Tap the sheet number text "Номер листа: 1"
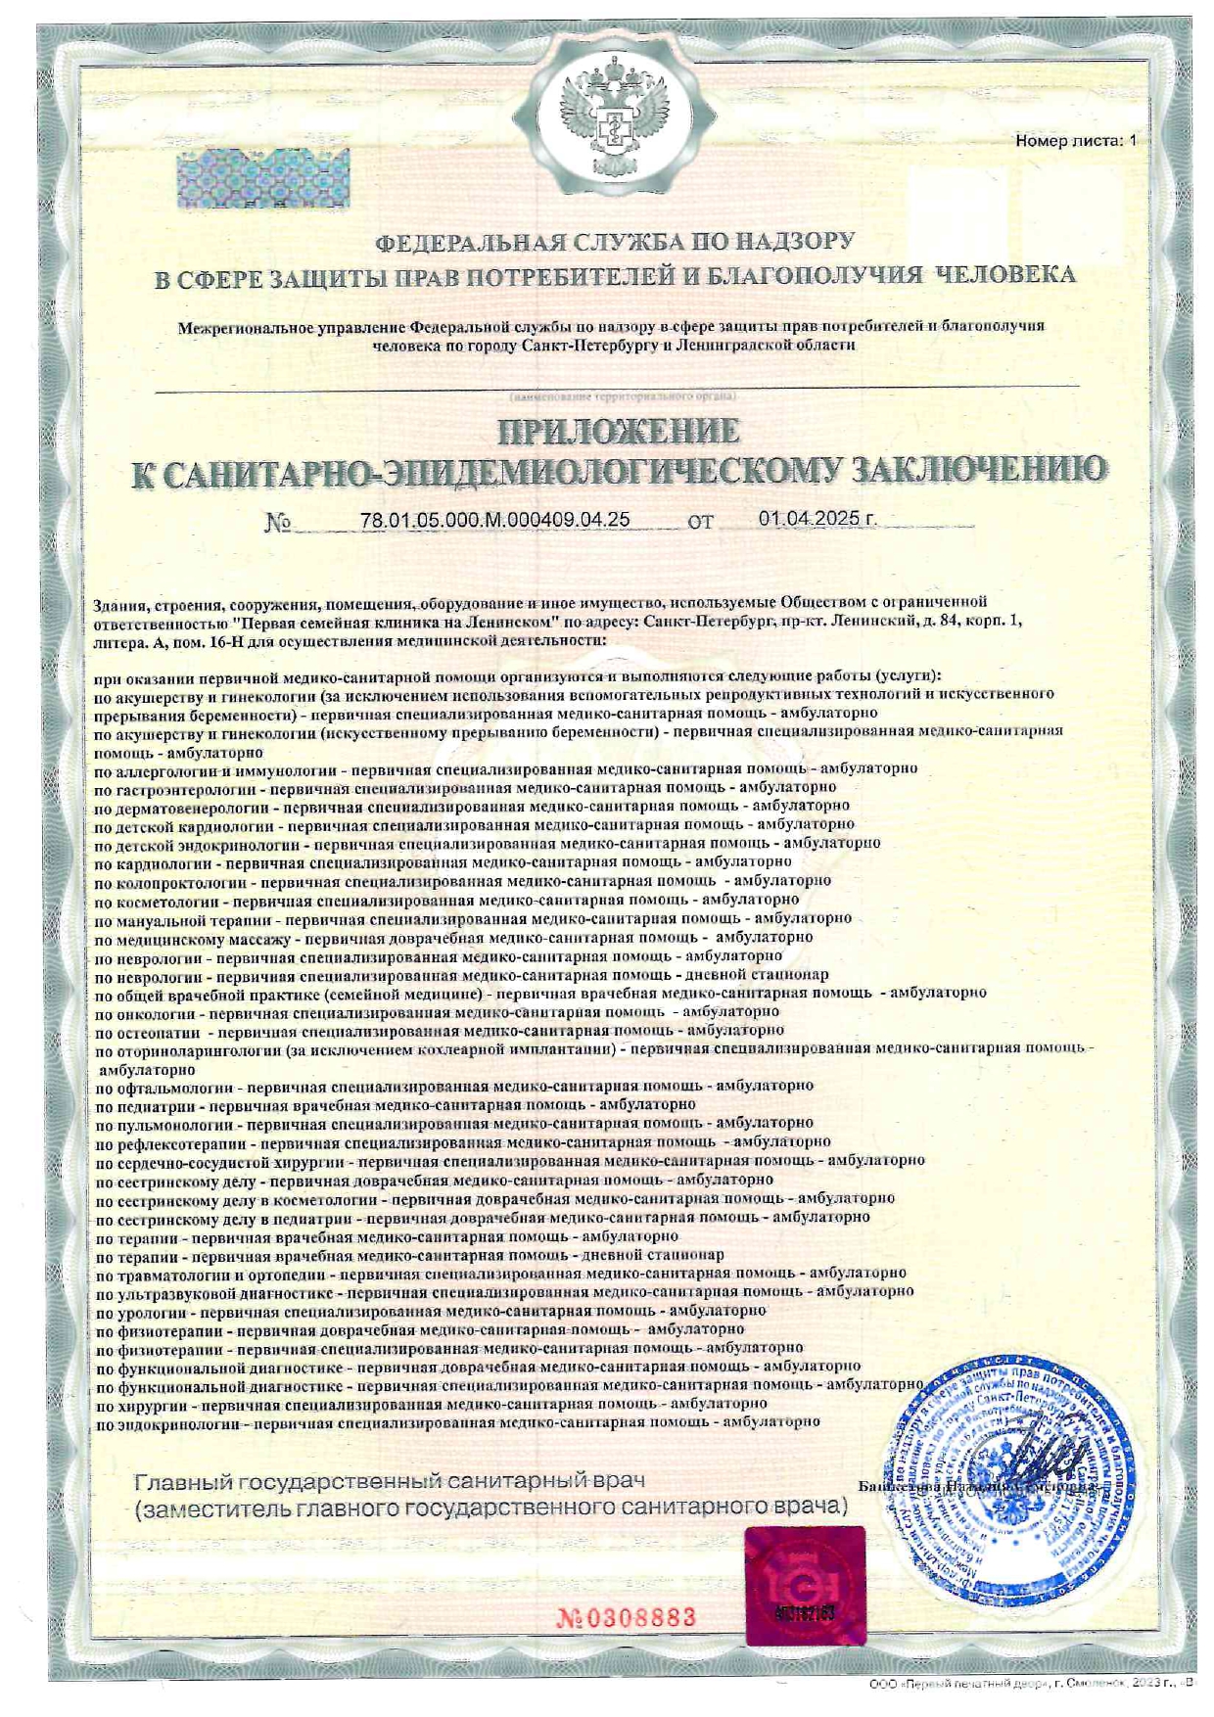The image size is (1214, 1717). pyautogui.click(x=1076, y=141)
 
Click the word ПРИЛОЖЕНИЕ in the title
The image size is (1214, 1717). pyautogui.click(x=619, y=431)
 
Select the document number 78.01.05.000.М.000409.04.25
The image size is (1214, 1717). pyautogui.click(x=494, y=520)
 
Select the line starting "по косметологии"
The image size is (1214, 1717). pyautogui.click(x=446, y=899)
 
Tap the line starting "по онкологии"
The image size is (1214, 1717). pyautogui.click(x=437, y=1011)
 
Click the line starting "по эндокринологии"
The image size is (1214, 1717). pyautogui.click(x=457, y=1422)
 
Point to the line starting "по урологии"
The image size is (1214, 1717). pyautogui.click(x=431, y=1311)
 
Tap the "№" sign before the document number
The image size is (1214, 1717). pyautogui.click(x=277, y=523)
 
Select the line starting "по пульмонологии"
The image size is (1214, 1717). pyautogui.click(x=454, y=1123)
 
